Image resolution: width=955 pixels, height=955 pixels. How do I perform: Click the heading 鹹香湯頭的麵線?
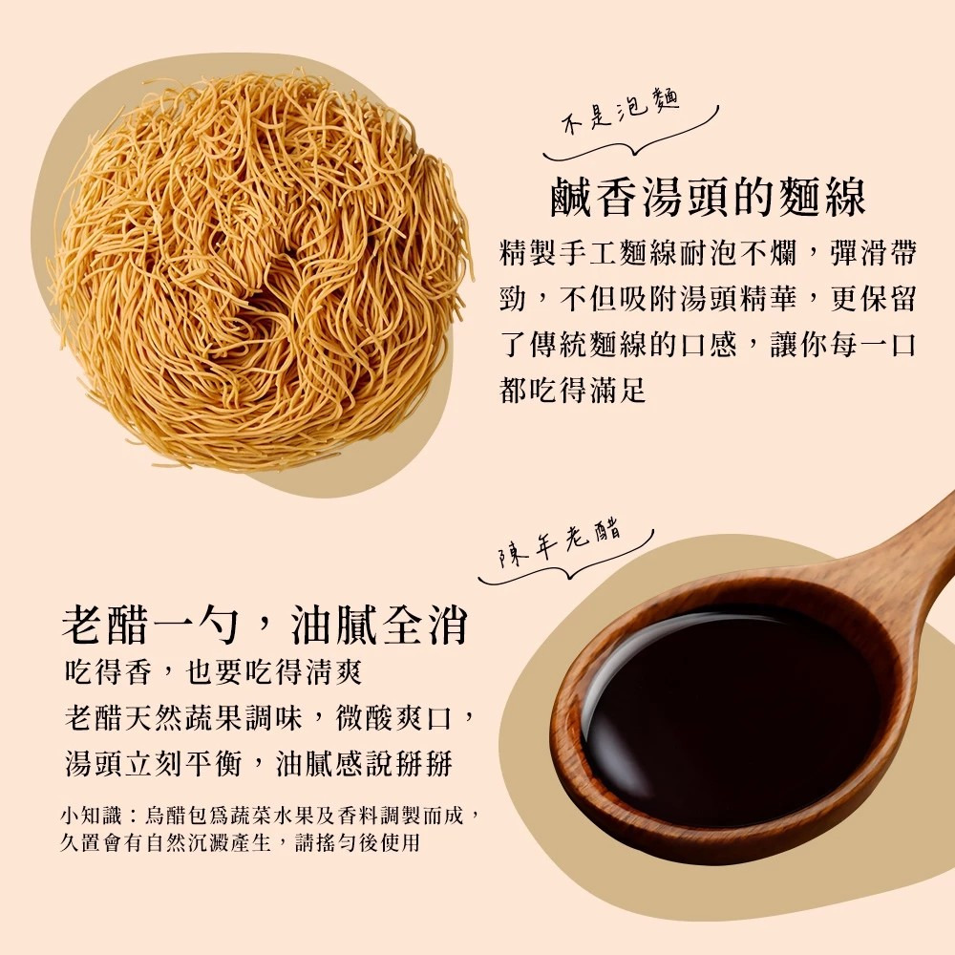[708, 199]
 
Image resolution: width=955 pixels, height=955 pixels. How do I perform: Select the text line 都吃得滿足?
[573, 390]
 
